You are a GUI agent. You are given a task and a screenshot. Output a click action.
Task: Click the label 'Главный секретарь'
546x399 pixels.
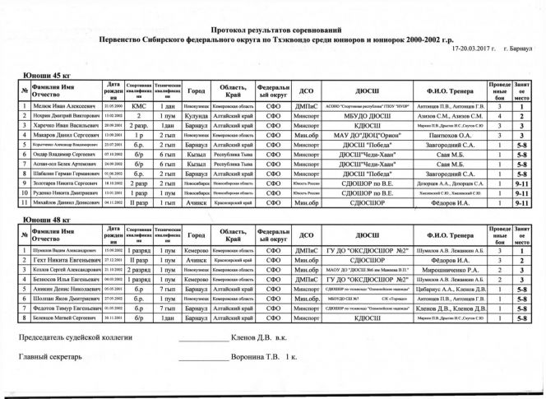pos(50,358)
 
